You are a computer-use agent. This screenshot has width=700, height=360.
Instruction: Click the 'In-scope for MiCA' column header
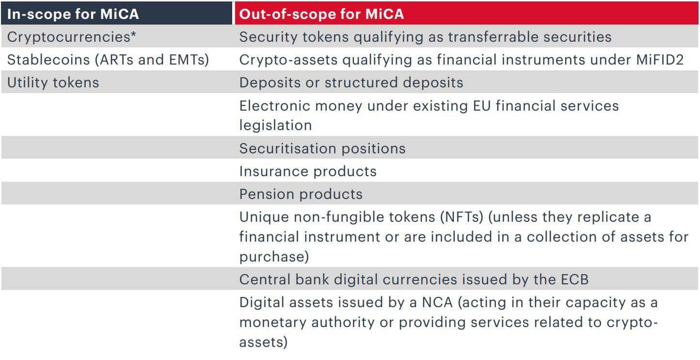click(x=73, y=14)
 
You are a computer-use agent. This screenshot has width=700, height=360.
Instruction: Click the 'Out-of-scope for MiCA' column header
click(x=321, y=14)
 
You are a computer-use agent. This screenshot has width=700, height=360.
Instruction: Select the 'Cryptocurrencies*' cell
click(x=72, y=37)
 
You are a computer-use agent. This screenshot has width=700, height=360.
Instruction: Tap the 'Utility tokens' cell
click(x=53, y=82)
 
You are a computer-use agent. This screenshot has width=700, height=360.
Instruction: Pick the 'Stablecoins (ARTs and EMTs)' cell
click(x=108, y=60)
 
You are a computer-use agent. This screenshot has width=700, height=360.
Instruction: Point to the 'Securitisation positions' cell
click(x=322, y=148)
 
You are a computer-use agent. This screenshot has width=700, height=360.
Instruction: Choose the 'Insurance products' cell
click(x=308, y=171)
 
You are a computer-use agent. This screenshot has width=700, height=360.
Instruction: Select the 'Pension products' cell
click(x=301, y=194)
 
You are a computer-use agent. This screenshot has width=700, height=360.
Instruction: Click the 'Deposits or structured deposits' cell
click(x=351, y=82)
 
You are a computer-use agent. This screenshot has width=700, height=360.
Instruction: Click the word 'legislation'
click(x=275, y=125)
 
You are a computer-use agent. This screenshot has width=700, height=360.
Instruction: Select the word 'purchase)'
click(x=274, y=256)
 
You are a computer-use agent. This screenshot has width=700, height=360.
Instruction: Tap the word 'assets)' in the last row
click(x=263, y=342)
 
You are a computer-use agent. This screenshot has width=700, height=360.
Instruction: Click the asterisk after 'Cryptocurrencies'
click(x=133, y=35)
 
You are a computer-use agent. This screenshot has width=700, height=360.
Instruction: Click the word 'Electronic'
click(x=277, y=106)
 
